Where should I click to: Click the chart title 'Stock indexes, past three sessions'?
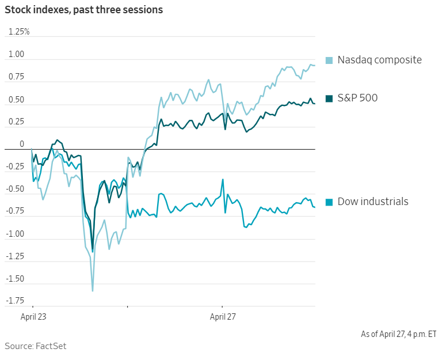point(83,10)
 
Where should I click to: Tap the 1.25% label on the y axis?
point(18,32)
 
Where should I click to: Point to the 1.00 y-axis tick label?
point(17,55)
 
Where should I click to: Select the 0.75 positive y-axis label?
point(17,77)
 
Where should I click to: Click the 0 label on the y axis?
point(22,144)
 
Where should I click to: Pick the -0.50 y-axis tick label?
point(16,189)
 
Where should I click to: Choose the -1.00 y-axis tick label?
point(16,234)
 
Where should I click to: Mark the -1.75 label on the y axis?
point(16,301)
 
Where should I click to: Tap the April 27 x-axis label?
point(223,317)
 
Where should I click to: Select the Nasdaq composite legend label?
point(379,60)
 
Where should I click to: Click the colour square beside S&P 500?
point(329,98)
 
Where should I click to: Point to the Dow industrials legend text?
point(373,202)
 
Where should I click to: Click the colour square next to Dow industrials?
point(329,202)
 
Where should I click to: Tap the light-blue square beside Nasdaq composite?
point(329,60)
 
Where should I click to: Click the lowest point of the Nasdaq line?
point(93,291)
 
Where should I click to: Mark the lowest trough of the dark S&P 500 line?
point(92,251)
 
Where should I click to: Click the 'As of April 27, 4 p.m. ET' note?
point(398,334)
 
